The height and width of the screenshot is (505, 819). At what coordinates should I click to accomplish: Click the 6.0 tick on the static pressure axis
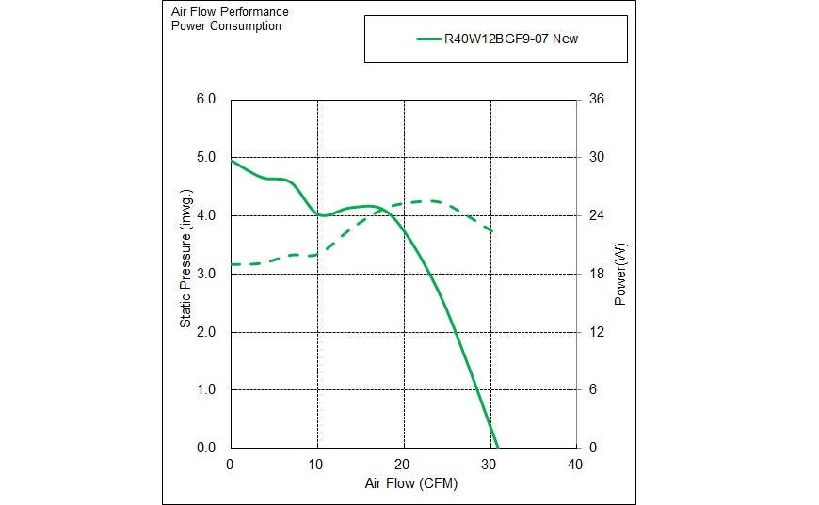(x=206, y=100)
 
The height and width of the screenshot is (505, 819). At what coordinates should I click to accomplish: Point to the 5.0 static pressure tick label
(x=206, y=158)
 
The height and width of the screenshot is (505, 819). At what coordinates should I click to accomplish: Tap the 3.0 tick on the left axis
(x=206, y=274)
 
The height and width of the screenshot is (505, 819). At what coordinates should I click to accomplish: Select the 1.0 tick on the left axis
(x=206, y=390)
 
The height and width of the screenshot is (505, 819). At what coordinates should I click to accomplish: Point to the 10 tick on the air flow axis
(x=317, y=465)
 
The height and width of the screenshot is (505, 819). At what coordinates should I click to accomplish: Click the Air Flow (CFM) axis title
(x=403, y=483)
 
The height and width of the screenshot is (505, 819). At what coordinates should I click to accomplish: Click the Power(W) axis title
(x=620, y=274)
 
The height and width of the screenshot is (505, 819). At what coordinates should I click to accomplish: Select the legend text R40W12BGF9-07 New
(x=521, y=39)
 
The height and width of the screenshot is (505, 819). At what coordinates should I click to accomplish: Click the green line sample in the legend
(x=429, y=39)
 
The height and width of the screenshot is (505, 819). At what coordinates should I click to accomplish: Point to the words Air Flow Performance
(x=230, y=12)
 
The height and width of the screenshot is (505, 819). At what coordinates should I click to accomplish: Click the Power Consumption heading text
(x=226, y=26)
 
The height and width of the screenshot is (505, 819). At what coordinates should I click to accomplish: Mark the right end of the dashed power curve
(x=492, y=232)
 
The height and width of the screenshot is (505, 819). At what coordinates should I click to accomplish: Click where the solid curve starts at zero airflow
(x=232, y=161)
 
